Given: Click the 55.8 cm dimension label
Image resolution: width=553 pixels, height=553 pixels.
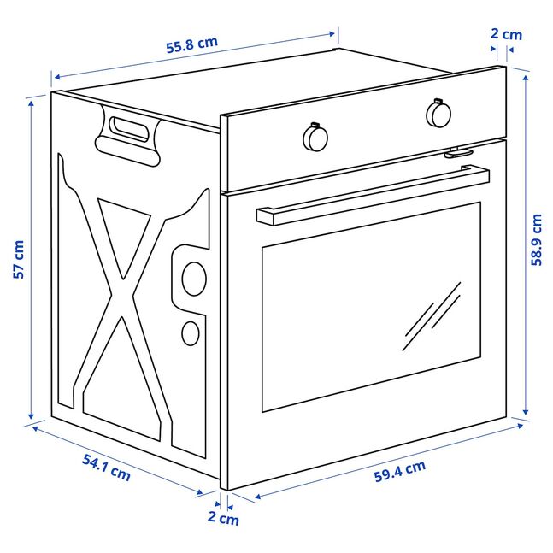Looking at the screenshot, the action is [x=191, y=44].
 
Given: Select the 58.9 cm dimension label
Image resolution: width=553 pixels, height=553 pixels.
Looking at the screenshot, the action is [x=536, y=239].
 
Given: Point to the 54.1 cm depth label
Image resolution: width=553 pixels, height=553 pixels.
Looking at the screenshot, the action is [x=106, y=468].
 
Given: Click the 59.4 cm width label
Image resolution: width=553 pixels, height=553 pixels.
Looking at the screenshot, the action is [x=400, y=471].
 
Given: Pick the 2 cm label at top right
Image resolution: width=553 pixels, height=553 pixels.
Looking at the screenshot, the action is [x=506, y=34].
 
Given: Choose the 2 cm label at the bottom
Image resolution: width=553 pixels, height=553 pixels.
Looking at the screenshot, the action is [x=223, y=518].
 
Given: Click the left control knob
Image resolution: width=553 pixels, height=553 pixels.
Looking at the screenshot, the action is [x=315, y=137].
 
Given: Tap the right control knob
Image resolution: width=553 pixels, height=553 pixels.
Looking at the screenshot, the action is [x=438, y=113].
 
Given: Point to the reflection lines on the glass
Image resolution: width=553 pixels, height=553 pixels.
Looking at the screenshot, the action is [x=432, y=316].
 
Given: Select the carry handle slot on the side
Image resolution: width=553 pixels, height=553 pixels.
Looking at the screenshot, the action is [x=129, y=130].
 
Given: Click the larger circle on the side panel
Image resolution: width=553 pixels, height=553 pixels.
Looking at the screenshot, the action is [x=194, y=279].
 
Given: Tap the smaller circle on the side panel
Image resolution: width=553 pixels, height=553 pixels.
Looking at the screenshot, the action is [x=191, y=333].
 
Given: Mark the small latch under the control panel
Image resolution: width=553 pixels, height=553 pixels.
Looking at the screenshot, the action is [x=458, y=152].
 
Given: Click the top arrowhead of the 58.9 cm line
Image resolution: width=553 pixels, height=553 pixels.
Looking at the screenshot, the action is [x=526, y=79].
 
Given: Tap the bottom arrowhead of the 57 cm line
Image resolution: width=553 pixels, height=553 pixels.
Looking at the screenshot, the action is [x=31, y=415].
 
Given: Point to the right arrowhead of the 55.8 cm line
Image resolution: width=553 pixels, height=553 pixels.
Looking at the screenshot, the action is [x=332, y=34].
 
